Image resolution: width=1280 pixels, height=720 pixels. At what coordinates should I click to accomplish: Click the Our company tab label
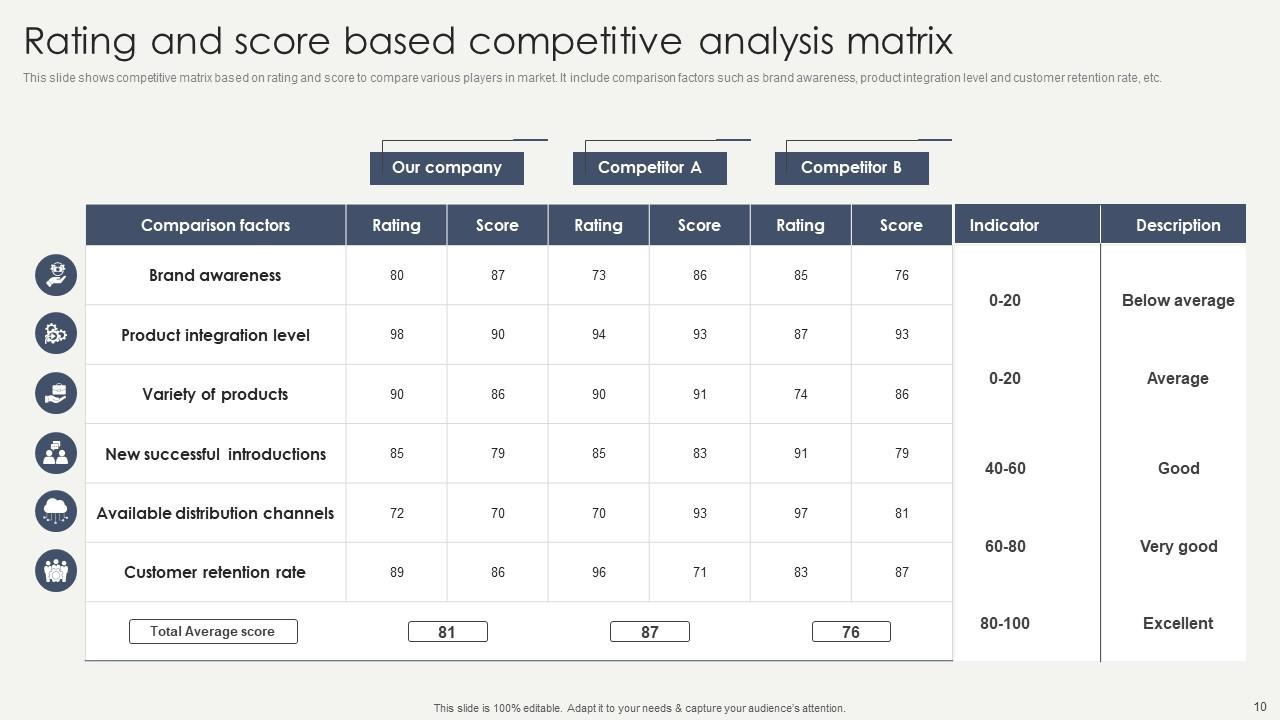point(447,168)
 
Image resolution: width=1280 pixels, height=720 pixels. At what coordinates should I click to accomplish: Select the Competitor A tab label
point(650,168)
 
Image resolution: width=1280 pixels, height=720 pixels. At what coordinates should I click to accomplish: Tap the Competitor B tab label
point(851,168)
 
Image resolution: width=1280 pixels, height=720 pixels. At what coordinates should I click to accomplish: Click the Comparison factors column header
point(215,225)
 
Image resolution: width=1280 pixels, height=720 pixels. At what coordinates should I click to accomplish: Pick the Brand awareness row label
point(215,275)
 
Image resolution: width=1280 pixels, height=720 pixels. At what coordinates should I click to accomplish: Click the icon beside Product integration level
point(56,334)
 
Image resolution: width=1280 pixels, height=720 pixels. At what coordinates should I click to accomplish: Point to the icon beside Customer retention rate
point(56,571)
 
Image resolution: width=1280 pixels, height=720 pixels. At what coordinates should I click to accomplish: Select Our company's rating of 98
point(397,334)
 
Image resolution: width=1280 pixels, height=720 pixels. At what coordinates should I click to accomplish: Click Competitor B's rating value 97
point(801,513)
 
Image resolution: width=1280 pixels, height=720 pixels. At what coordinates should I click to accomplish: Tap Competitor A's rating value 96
point(599,572)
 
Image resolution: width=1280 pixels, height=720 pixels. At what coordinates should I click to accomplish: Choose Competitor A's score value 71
point(700,572)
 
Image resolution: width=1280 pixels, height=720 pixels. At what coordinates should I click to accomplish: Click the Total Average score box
point(213,631)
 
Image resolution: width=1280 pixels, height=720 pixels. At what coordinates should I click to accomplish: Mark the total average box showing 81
point(447,632)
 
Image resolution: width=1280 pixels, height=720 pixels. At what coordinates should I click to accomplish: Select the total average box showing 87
point(650,632)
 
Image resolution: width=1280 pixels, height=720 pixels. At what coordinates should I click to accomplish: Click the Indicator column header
point(1004,225)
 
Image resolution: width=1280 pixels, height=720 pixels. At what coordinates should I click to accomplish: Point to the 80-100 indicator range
point(1005,623)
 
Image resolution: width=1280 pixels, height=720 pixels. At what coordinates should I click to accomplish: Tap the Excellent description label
point(1178,623)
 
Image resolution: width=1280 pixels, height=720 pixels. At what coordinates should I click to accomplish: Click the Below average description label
point(1178,300)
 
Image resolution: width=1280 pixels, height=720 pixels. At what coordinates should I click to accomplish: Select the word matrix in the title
point(899,42)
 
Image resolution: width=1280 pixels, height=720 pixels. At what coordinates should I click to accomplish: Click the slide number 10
point(1259,705)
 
